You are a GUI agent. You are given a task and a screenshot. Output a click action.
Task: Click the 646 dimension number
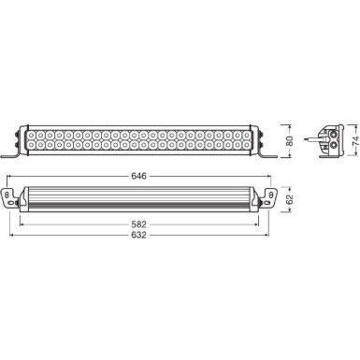[141, 174]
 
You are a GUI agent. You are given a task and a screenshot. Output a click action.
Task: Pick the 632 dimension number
[141, 238]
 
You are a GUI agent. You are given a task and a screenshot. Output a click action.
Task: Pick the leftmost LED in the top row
[35, 132]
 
